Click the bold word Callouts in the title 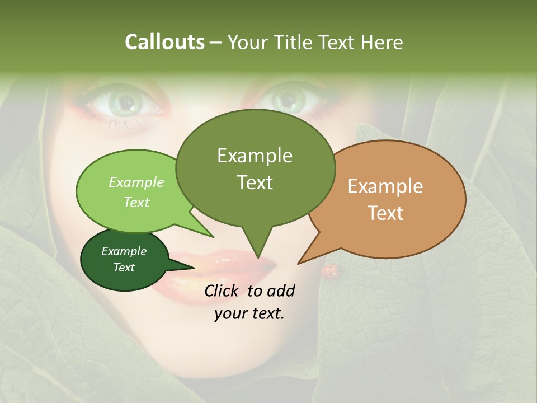point(164,42)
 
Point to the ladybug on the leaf point(331,271)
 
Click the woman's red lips point(235,268)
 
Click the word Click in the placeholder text point(223,290)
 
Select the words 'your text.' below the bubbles point(249,313)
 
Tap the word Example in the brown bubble point(385,186)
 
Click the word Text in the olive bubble point(255,182)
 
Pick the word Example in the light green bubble point(136,182)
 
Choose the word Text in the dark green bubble point(124,268)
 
